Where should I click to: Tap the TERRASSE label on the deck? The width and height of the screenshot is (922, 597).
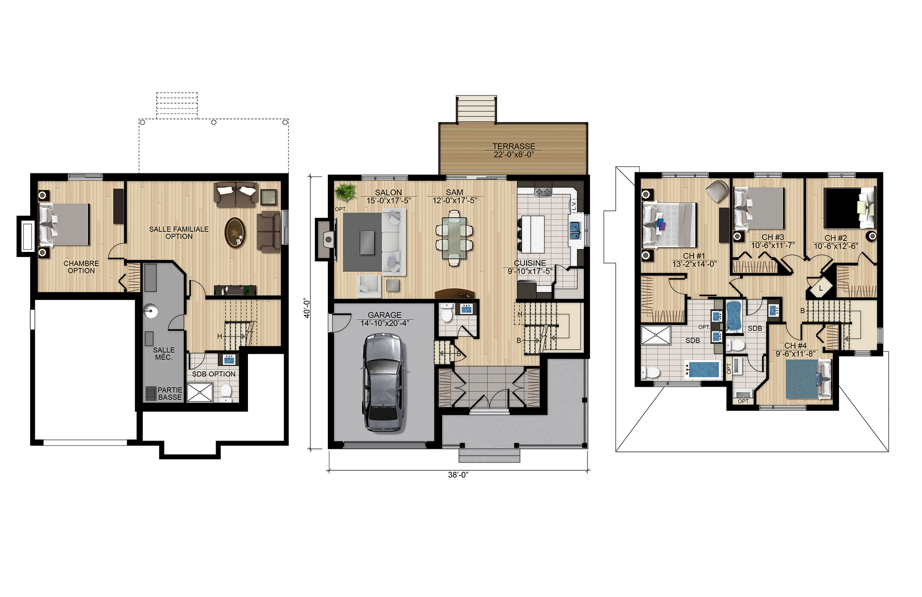point(514,146)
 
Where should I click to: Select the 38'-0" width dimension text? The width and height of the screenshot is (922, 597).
point(458,475)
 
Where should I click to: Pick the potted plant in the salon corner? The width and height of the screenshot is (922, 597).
point(344,192)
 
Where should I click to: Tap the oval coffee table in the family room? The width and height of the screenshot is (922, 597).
point(235,233)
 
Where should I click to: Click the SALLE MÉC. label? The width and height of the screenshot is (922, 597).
point(164,353)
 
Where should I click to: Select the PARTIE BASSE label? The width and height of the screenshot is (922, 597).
point(170,394)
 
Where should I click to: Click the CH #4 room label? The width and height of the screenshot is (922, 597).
point(795,346)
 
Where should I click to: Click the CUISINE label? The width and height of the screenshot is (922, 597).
point(530,263)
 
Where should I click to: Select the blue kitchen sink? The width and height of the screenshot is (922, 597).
point(575,231)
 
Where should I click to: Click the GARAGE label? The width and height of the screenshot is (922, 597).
point(385,315)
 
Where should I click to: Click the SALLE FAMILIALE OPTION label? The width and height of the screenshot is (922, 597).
point(179,233)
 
